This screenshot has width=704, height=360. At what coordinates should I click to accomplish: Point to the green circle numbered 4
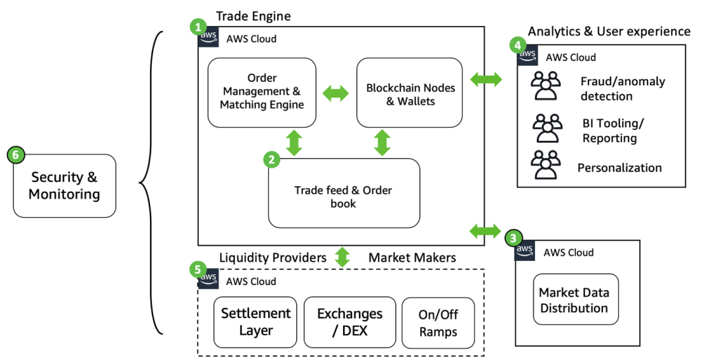[517, 45]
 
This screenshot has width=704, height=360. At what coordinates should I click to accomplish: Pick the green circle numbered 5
[196, 268]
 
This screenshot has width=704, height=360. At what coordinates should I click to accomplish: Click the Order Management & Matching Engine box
[262, 93]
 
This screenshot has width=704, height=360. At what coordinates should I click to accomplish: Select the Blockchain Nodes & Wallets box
[410, 93]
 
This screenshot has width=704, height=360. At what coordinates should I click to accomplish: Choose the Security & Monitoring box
[64, 185]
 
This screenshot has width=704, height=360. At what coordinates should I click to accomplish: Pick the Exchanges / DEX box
[349, 322]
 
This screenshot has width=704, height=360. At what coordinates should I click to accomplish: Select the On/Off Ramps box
[437, 322]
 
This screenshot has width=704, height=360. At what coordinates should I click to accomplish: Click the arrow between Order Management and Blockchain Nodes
[336, 93]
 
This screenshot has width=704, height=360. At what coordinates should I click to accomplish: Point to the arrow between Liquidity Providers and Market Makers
[342, 258]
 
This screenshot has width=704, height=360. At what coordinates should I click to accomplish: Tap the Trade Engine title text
[254, 15]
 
